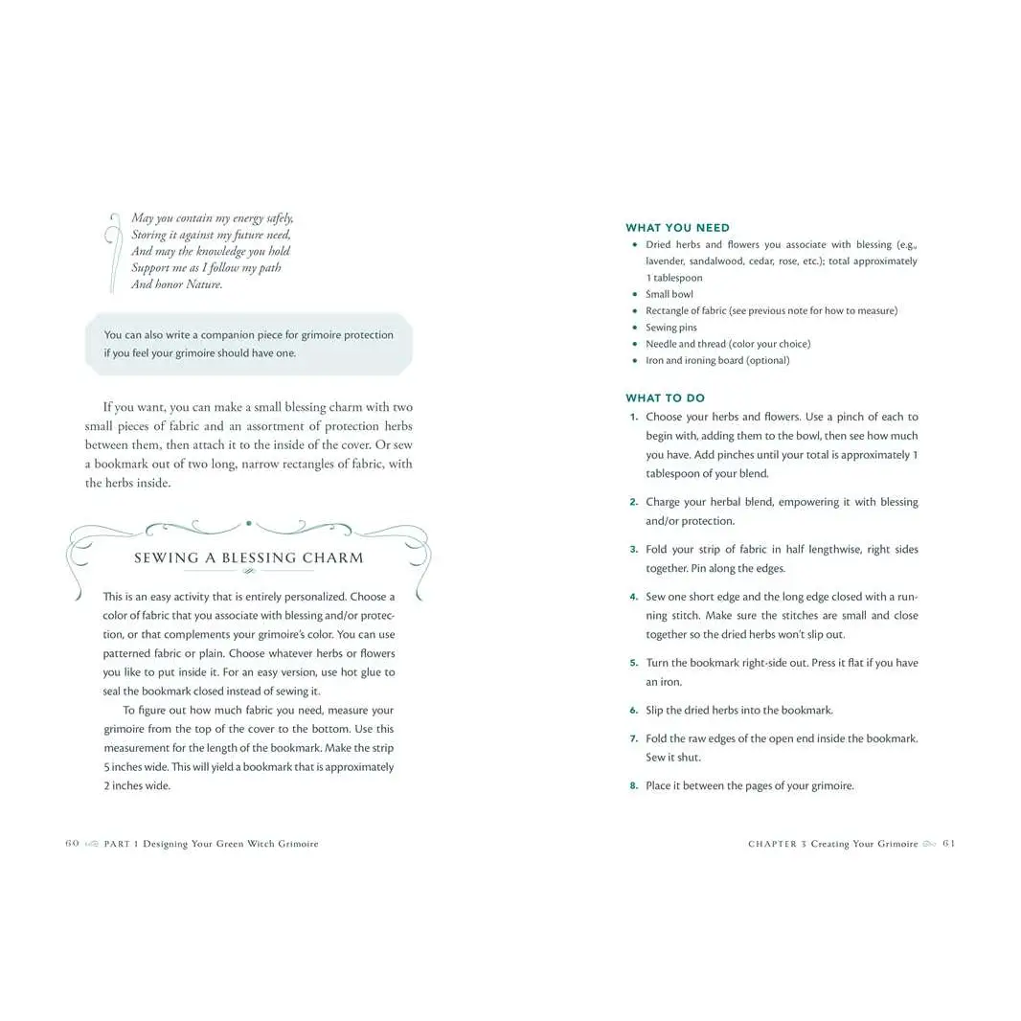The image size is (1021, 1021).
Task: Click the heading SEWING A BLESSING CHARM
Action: tap(248, 557)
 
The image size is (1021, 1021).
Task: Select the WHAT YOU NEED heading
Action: tap(677, 228)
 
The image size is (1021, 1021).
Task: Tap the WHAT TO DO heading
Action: tap(665, 398)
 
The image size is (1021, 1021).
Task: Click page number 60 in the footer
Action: tap(72, 844)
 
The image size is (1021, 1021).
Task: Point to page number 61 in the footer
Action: tap(948, 844)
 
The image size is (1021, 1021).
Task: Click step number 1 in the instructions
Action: tap(634, 417)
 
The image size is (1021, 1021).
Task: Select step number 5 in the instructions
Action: tap(634, 663)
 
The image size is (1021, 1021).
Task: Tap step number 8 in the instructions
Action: tap(634, 786)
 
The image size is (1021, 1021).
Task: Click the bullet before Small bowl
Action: tap(635, 294)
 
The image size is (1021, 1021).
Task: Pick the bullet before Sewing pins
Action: tap(635, 328)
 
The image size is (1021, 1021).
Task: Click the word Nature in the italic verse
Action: tap(202, 284)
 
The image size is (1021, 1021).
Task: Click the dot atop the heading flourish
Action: tap(249, 523)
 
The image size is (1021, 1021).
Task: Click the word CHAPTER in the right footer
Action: tap(772, 844)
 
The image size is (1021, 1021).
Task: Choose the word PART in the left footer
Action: tap(117, 844)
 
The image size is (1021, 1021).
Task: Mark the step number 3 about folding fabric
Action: tap(634, 550)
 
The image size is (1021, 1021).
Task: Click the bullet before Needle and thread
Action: tap(635, 344)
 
